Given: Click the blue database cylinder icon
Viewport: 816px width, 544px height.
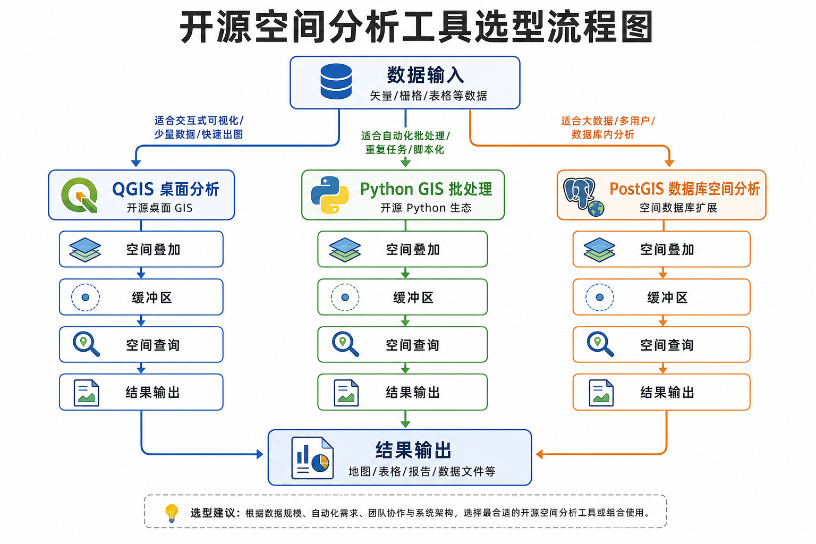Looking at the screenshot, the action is click(x=336, y=81).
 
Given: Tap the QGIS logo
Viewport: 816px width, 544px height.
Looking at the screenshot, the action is click(x=79, y=195).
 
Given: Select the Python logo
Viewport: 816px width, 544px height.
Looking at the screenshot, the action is click(x=330, y=195).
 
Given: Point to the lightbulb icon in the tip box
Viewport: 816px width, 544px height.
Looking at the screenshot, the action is click(x=171, y=513).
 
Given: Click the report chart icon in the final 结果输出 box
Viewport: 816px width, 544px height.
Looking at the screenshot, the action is click(x=312, y=458).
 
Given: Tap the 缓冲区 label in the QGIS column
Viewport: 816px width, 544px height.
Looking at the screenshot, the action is click(x=152, y=297).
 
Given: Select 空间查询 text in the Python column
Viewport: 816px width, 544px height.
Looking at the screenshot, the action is click(x=412, y=345).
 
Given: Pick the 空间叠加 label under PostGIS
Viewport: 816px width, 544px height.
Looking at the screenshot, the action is click(x=667, y=250).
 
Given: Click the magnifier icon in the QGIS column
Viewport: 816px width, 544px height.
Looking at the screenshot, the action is click(x=86, y=344).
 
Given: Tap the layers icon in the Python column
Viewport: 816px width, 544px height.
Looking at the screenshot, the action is click(x=345, y=250).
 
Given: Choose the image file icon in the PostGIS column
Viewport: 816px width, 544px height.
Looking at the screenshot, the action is click(x=601, y=393).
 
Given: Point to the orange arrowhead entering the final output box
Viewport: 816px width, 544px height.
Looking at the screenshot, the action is click(x=540, y=454).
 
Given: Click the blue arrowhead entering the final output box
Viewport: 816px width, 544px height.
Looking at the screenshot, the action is click(x=260, y=454).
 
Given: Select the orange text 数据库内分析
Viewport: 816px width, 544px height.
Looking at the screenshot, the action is click(x=603, y=134).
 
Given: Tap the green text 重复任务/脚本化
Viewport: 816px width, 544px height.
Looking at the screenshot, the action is click(x=405, y=149).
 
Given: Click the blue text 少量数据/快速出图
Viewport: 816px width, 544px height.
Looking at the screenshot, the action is click(x=199, y=134).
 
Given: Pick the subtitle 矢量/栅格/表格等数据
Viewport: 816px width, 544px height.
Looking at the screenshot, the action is click(x=428, y=96).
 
